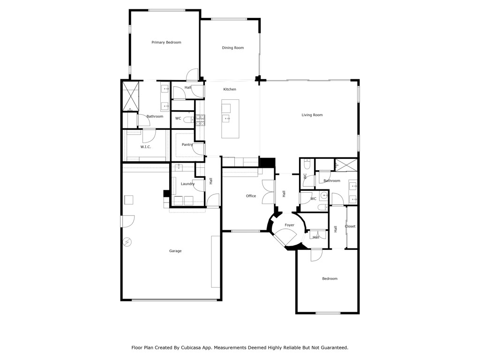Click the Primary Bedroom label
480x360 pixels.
(x=166, y=43)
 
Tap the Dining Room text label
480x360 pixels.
(x=232, y=48)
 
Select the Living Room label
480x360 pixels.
(x=312, y=115)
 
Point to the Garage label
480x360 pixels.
(x=175, y=251)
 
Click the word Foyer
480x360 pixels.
(x=290, y=225)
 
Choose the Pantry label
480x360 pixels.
(x=187, y=145)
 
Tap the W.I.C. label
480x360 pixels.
(x=145, y=147)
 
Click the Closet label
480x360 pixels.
(x=350, y=226)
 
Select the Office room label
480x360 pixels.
(x=251, y=196)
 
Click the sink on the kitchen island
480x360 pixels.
(x=226, y=119)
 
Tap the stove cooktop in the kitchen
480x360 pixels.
(x=200, y=120)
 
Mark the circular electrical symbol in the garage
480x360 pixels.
(x=127, y=242)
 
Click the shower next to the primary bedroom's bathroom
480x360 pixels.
(x=130, y=96)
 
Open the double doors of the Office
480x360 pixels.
(x=268, y=192)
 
